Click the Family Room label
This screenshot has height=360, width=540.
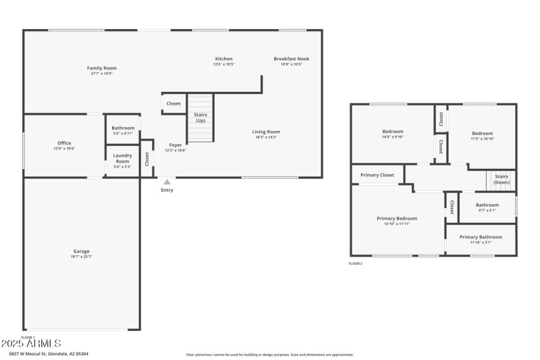pos(102,68)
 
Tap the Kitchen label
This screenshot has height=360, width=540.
pos(223,59)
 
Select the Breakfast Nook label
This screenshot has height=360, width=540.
pos(292,59)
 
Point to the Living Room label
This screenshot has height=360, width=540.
pos(266,132)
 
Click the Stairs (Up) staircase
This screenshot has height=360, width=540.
pos(200,118)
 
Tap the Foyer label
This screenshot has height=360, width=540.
pos(175,145)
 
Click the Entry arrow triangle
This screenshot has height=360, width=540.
pos(167,182)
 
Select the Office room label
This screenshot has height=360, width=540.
pos(64,143)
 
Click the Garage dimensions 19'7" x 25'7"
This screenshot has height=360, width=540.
pos(82,257)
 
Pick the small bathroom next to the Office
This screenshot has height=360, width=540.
pos(123,128)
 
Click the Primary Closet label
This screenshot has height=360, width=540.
pos(377,175)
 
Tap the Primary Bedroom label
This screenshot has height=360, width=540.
pos(396,218)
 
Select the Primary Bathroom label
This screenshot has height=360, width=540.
pos(481,237)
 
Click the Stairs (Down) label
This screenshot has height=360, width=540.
pos(502,180)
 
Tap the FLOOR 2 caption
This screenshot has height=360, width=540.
pos(356,263)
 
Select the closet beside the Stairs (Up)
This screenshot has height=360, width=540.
pos(173,103)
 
